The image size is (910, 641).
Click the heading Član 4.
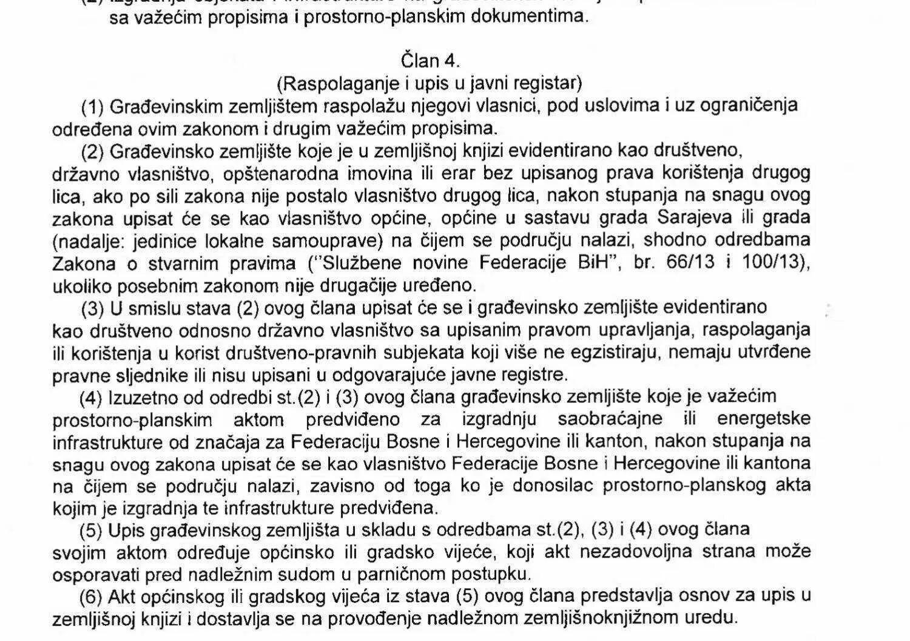pos(430,61)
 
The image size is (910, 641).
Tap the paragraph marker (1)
pos(93,107)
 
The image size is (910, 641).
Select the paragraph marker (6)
pos(92,597)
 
